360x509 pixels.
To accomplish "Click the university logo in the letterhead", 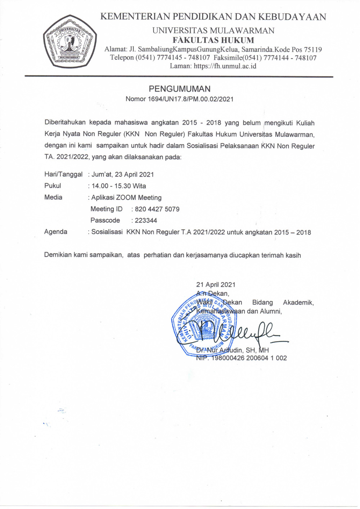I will (70, 42).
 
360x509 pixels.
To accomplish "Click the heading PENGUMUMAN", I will (180, 89).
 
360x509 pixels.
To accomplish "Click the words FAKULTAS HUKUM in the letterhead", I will (213, 40).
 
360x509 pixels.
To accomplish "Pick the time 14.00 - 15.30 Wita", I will (119, 186).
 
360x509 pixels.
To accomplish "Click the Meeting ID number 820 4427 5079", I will (157, 209).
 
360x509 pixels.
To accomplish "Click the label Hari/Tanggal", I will (63, 174).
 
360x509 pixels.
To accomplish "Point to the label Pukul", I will (53, 186).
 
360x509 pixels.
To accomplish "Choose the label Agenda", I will (55, 232).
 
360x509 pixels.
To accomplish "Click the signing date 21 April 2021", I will (216, 285).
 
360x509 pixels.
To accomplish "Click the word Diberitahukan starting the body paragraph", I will (65, 123).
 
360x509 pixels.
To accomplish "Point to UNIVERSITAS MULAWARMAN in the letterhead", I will (213, 31).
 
